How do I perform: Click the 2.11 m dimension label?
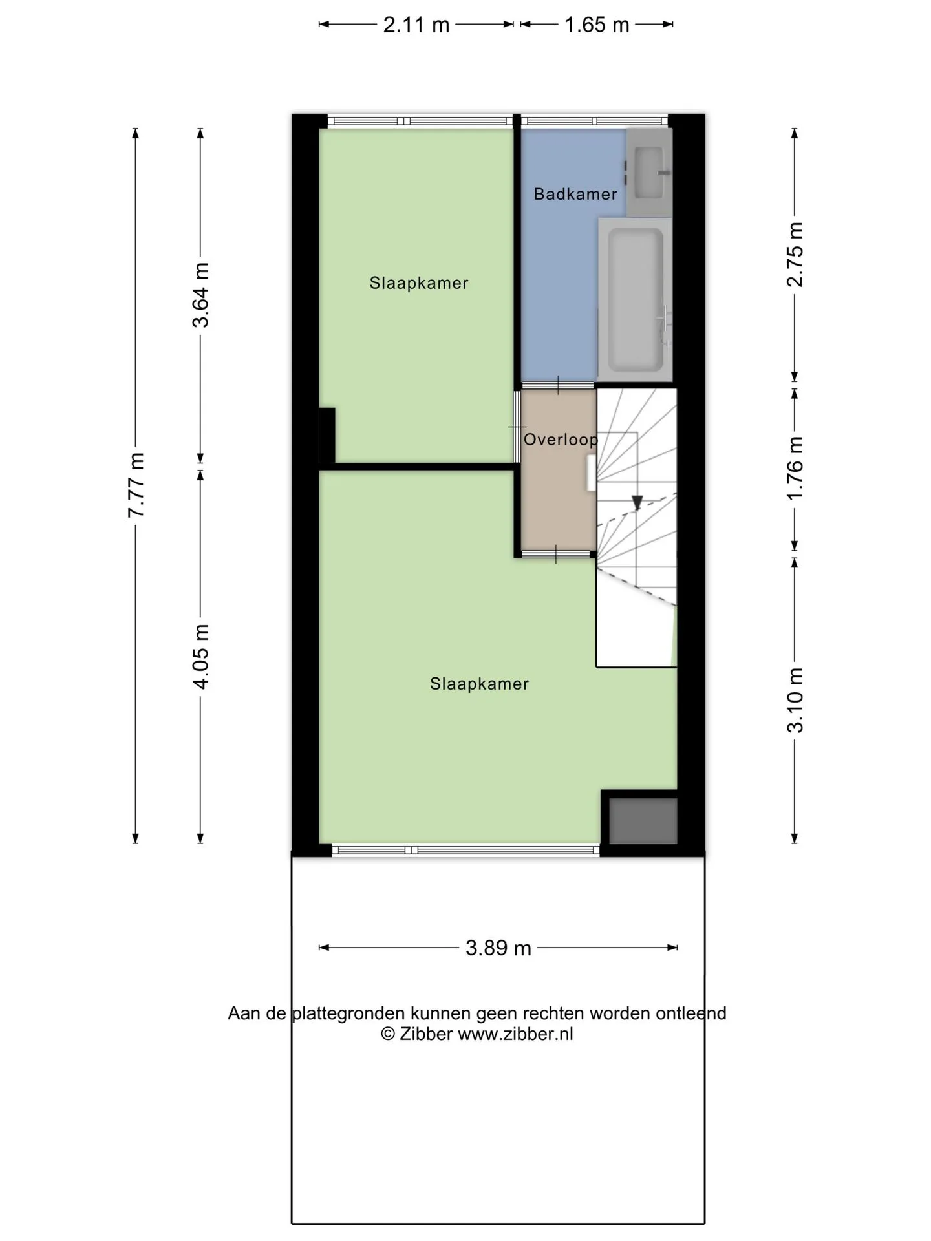coord(416,25)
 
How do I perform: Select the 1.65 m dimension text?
coord(597,25)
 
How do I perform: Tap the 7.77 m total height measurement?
coord(136,485)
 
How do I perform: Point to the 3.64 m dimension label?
coord(200,295)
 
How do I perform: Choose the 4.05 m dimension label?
coord(200,656)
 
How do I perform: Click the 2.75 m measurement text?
coord(795,254)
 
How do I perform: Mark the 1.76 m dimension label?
coord(795,467)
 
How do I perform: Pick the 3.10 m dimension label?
coord(795,700)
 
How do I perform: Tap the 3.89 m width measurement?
coord(498,948)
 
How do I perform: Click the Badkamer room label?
coord(575,194)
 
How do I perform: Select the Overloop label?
coord(561,440)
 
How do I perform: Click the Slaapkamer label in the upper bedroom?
coord(419,283)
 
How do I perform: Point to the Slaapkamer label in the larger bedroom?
coord(479,684)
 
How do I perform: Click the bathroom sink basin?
coord(648,173)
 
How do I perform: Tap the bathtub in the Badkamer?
coord(636,299)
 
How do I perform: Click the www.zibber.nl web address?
coord(515,1034)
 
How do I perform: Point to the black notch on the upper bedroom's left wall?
coord(327,436)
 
